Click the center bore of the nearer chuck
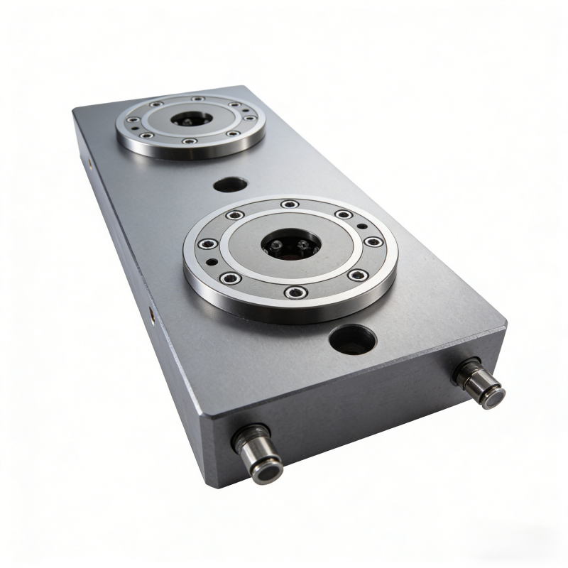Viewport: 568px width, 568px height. coord(291,245)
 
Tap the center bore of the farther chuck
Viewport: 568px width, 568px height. coord(191,119)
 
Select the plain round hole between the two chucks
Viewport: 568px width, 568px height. coord(230,185)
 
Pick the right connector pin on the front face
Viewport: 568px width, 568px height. coord(481,383)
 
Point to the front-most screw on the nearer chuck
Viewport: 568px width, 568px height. coord(295,292)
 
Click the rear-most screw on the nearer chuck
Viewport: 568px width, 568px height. coord(289,204)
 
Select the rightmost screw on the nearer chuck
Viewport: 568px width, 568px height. coord(374,242)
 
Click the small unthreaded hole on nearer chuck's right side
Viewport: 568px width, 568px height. coord(363,226)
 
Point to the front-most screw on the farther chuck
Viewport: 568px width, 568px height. coord(188,141)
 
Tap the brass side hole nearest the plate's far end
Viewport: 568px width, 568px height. coord(91,163)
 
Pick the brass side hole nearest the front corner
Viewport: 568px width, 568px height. coord(151,310)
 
